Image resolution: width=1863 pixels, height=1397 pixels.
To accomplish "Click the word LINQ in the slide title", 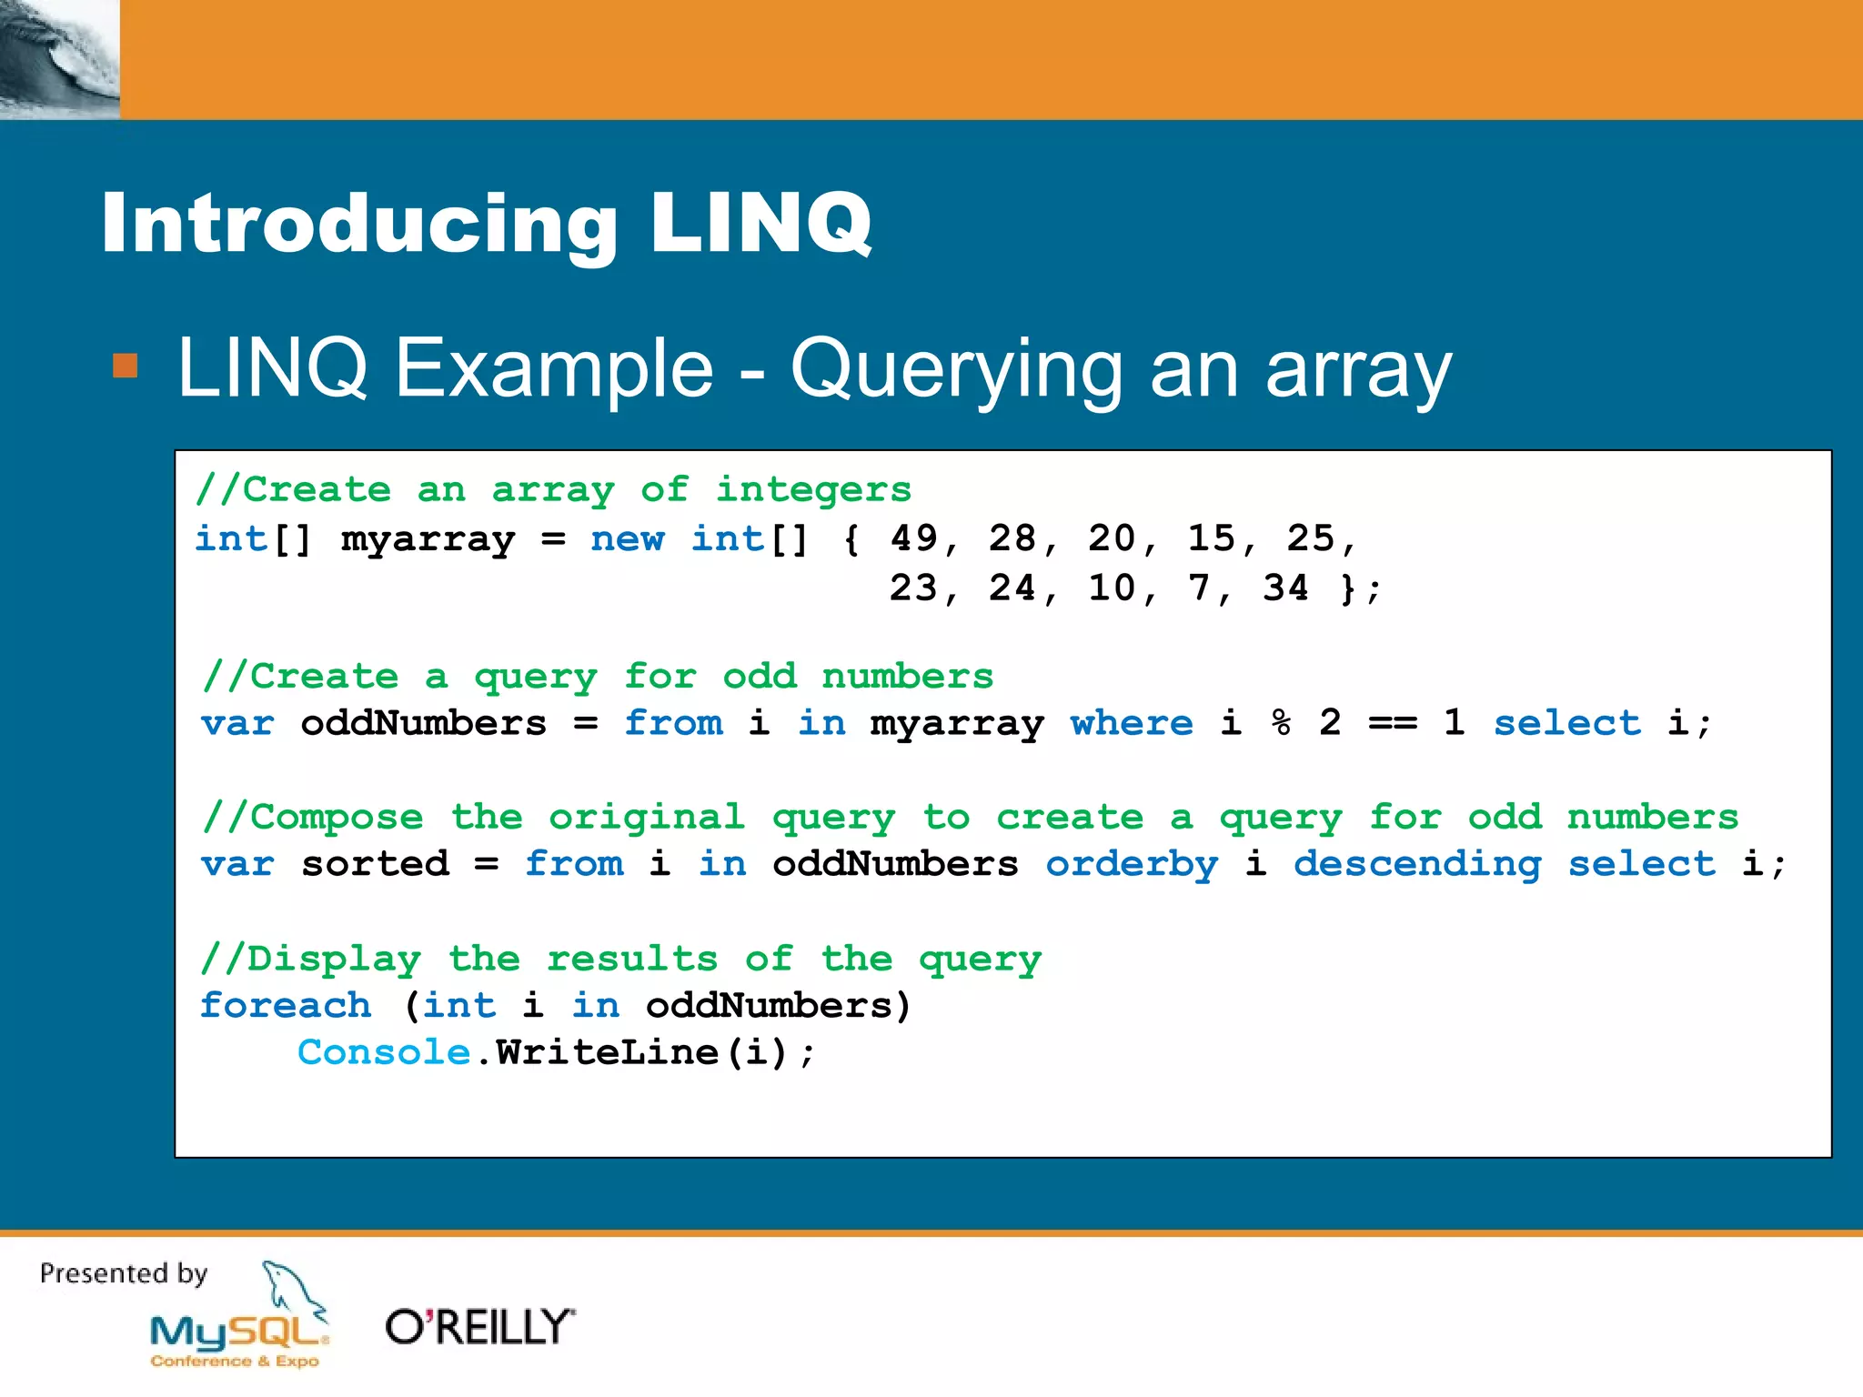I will [x=760, y=223].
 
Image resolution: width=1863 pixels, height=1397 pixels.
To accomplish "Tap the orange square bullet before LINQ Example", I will [x=125, y=366].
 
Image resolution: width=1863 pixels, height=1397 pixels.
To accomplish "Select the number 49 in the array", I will [x=913, y=538].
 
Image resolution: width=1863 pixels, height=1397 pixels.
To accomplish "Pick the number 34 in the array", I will [x=1285, y=588].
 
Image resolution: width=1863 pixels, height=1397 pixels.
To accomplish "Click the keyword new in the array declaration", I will [x=627, y=538].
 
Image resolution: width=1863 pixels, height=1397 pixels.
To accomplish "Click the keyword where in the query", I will [x=1131, y=723].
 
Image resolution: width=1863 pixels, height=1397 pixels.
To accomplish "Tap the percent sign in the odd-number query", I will [x=1281, y=723].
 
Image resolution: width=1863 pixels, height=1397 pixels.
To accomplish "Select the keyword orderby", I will [x=1131, y=864].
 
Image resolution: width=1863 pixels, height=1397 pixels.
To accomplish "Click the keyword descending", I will [x=1417, y=864].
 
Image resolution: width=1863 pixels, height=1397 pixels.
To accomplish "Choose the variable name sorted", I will [x=375, y=864].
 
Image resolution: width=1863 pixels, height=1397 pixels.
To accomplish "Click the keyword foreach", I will [x=286, y=1005].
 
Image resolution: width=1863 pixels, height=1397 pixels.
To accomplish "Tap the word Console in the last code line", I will [x=383, y=1052].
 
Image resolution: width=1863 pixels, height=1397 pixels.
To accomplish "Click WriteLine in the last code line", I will [x=608, y=1052].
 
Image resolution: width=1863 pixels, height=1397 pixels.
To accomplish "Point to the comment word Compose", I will [x=336, y=817].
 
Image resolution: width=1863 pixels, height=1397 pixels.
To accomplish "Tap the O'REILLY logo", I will [x=479, y=1327].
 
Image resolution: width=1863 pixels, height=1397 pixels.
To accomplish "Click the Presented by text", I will [x=124, y=1273].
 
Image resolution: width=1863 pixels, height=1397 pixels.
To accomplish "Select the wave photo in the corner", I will [x=59, y=59].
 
